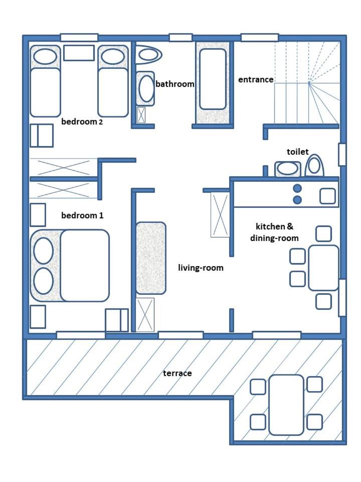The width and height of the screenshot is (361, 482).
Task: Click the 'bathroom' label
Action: coord(174,84)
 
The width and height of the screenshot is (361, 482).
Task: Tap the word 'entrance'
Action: coord(256,80)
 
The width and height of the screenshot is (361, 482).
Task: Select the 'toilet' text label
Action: coord(297,152)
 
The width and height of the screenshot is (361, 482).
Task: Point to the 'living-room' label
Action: coord(201,268)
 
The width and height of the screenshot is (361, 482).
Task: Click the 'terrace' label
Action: coord(177,373)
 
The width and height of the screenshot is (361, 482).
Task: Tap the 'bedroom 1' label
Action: coord(82,215)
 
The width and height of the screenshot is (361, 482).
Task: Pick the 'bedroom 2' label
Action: coord(82,122)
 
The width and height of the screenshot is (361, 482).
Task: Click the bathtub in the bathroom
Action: coord(213,79)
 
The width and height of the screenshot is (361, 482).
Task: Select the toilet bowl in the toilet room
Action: coord(315,166)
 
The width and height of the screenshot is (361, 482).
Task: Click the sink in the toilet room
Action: coord(288,169)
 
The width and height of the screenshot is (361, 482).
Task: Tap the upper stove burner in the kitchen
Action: coord(297,188)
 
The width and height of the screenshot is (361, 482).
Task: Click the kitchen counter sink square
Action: coord(327,196)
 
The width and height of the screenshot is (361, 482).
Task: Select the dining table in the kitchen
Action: coord(323,268)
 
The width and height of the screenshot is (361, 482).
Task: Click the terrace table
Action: coord(286,405)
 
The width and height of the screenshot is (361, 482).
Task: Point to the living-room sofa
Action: coord(151,258)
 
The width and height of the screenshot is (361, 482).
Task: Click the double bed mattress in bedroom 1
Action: coord(85,265)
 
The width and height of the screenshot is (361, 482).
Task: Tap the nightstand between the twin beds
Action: coord(79,53)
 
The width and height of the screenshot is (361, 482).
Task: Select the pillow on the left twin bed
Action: coord(45,57)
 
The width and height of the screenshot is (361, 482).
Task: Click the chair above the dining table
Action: coord(323,234)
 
